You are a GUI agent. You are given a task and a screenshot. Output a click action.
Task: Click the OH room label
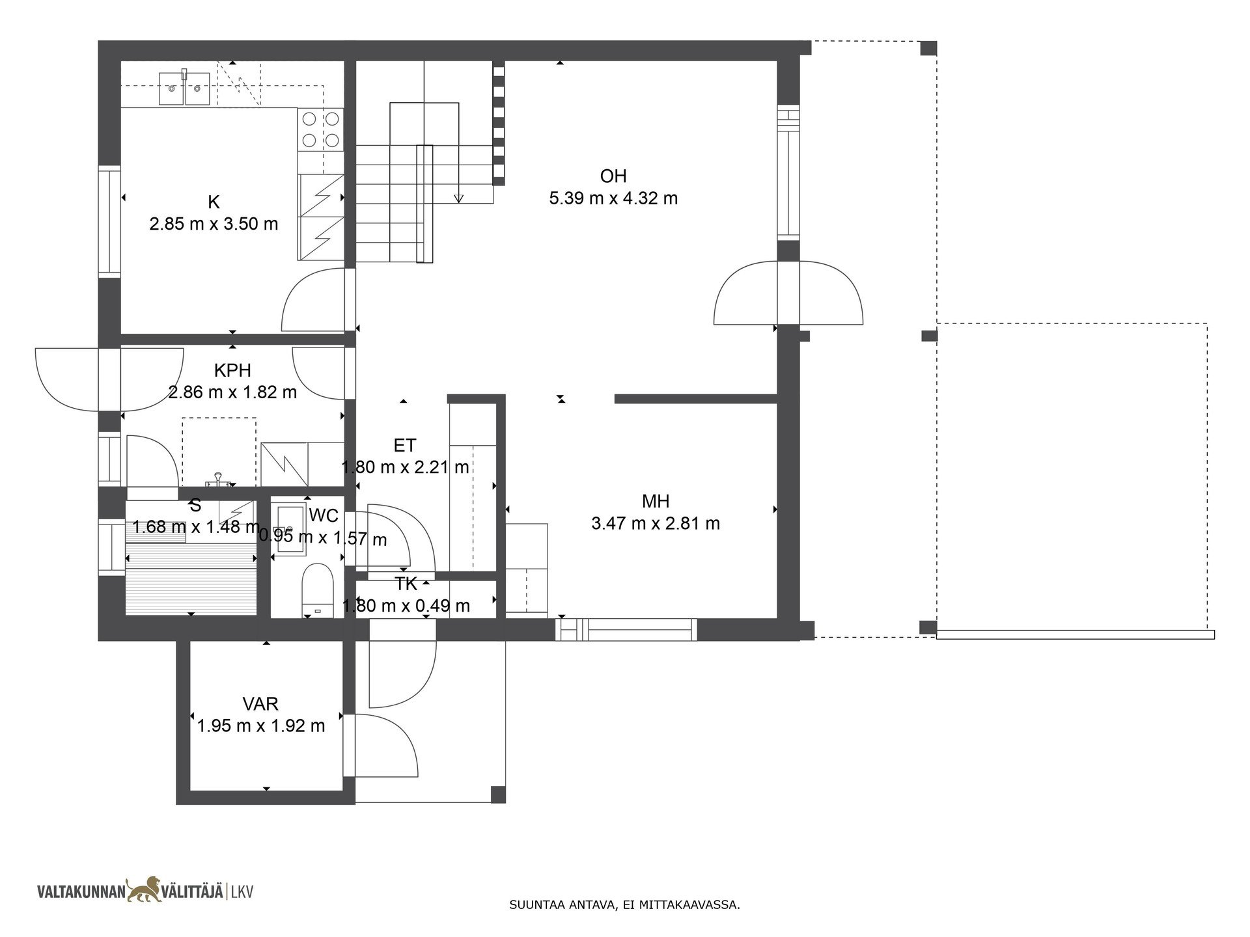pyautogui.click(x=613, y=176)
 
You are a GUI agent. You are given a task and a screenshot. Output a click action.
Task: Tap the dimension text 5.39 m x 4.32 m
pyautogui.click(x=613, y=198)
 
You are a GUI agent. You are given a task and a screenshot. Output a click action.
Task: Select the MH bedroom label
pyautogui.click(x=656, y=501)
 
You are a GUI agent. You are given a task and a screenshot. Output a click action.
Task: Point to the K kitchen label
pyautogui.click(x=214, y=202)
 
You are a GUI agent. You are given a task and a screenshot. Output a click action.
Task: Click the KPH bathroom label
pyautogui.click(x=232, y=370)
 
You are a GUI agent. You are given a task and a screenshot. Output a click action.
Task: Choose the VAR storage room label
pyautogui.click(x=260, y=703)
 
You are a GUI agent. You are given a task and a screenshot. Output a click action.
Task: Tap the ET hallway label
pyautogui.click(x=405, y=445)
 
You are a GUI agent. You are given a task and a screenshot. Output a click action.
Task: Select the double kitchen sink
pyautogui.click(x=185, y=88)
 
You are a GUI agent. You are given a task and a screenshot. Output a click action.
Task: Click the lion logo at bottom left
pyautogui.click(x=145, y=889)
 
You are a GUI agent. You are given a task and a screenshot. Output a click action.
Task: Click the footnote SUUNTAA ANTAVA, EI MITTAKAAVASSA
pyautogui.click(x=624, y=904)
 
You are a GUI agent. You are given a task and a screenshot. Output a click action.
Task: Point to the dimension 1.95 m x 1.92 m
pyautogui.click(x=260, y=726)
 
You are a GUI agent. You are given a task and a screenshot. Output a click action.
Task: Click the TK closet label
pyautogui.click(x=406, y=584)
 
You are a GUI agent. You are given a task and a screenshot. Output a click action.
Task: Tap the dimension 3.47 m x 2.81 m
pyautogui.click(x=656, y=524)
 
